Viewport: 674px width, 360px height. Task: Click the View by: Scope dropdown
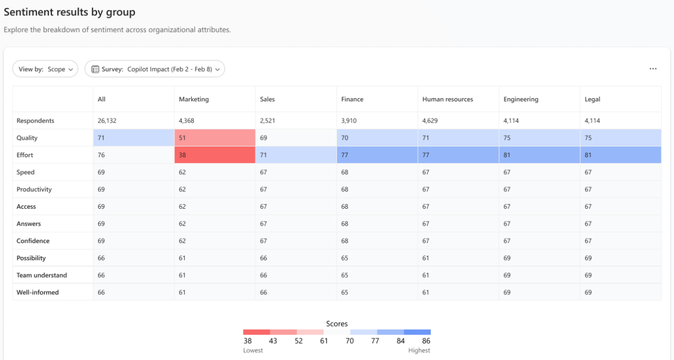point(45,69)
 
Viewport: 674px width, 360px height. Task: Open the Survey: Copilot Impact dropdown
point(154,69)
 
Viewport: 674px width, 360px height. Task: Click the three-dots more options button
point(653,69)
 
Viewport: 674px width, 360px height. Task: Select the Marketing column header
point(194,99)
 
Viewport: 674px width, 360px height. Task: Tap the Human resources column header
point(448,99)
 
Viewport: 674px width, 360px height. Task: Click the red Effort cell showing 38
point(215,155)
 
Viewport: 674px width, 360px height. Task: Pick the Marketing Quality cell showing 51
point(215,138)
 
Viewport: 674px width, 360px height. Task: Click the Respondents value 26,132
point(106,121)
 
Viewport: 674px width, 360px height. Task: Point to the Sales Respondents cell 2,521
point(268,121)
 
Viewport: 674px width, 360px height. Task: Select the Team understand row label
point(42,275)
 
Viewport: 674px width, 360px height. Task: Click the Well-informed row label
point(37,292)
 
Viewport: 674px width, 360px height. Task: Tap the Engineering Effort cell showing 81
point(539,155)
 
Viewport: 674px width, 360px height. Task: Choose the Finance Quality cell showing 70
point(377,138)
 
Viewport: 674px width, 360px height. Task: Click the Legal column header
point(592,99)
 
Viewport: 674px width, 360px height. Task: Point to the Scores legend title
point(337,324)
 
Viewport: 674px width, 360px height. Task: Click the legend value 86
point(425,341)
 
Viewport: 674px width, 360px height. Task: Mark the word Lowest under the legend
point(253,350)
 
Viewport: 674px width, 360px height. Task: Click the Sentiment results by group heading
point(70,12)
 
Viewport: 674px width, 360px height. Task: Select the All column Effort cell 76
point(133,155)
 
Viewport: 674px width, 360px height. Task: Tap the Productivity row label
point(34,189)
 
